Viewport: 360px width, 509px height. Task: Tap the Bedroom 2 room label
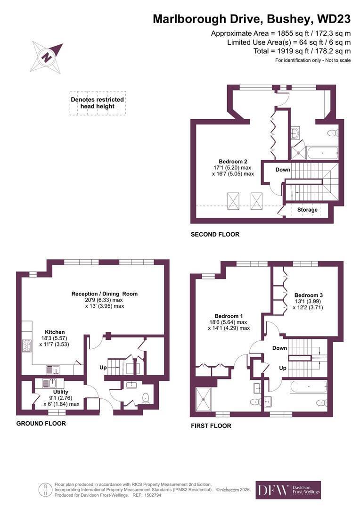[233, 161]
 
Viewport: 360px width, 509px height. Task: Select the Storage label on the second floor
[307, 210]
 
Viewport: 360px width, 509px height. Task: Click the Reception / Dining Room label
[105, 294]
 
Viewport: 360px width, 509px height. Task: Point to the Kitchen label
[55, 332]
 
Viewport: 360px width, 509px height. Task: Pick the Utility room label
[61, 392]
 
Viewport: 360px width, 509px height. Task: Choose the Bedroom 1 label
[229, 316]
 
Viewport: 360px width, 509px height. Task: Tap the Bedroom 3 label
[308, 295]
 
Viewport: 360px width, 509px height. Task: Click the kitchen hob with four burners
[27, 346]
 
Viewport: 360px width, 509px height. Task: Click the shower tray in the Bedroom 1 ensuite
[204, 398]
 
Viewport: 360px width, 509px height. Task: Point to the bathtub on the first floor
[308, 387]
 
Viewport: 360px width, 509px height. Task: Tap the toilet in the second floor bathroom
[333, 133]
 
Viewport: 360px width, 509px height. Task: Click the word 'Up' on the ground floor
[103, 368]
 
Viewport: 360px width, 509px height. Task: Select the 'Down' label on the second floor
[283, 170]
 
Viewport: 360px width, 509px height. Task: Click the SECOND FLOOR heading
[215, 234]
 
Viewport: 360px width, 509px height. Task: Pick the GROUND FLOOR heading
[41, 423]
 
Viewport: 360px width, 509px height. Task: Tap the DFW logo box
[288, 490]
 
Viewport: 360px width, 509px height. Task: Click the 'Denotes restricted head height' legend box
[98, 103]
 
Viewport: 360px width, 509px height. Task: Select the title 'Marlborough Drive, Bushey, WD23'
[252, 19]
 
